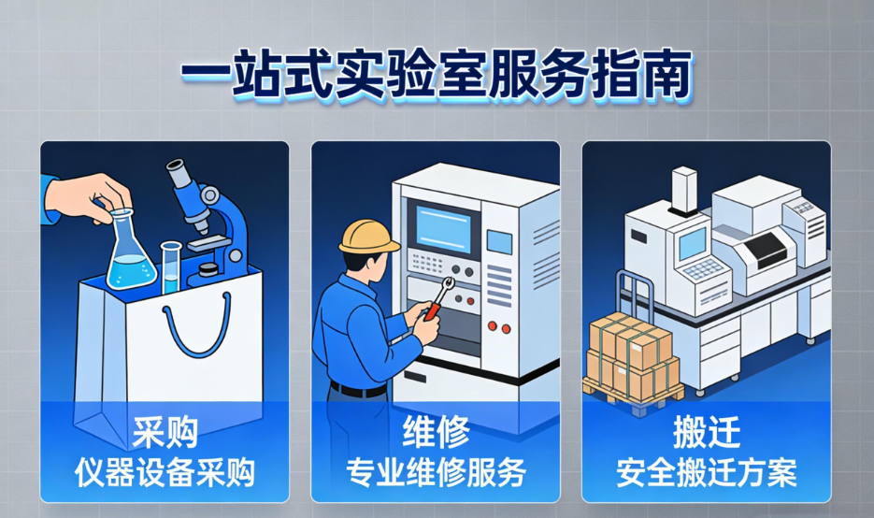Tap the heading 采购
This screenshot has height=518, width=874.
[164, 433]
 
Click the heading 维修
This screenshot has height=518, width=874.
[436, 433]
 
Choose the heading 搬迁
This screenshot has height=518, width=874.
[707, 433]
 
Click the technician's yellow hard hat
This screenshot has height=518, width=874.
[369, 236]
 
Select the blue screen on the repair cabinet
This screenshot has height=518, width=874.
[446, 227]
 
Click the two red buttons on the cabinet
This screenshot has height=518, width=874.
[498, 328]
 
